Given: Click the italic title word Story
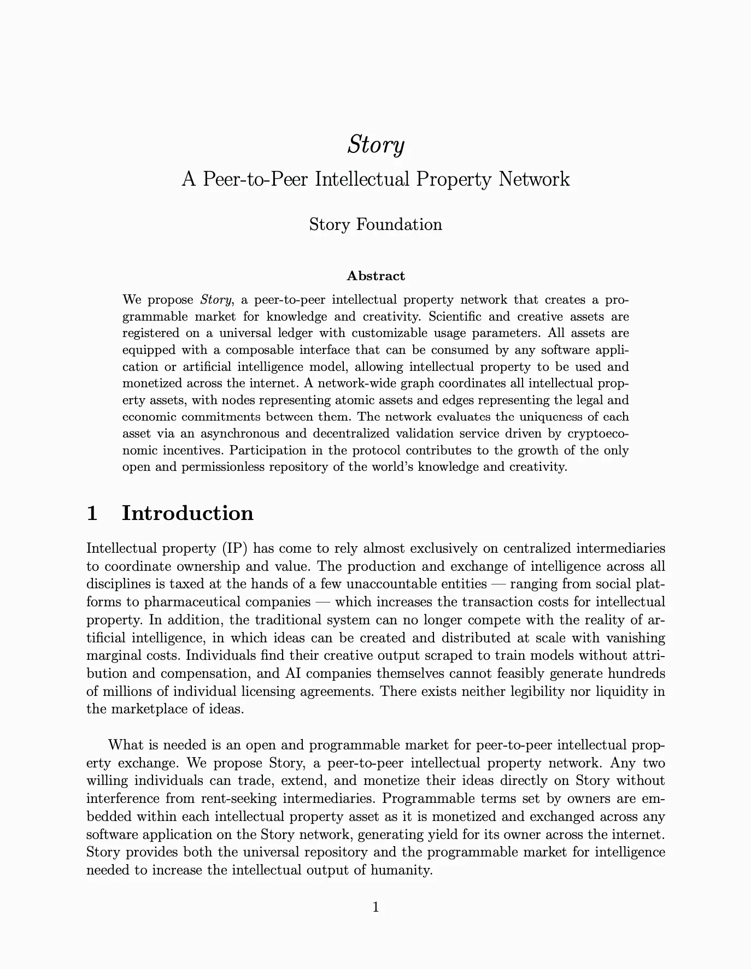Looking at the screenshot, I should pos(375,145).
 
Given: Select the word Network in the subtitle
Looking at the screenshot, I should pos(534,179).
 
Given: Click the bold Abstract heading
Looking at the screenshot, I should pos(375,276).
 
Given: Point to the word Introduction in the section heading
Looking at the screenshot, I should pos(187,513).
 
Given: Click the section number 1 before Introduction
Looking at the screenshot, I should pos(92,513).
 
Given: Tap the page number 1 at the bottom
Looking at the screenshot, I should pos(375,908).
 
